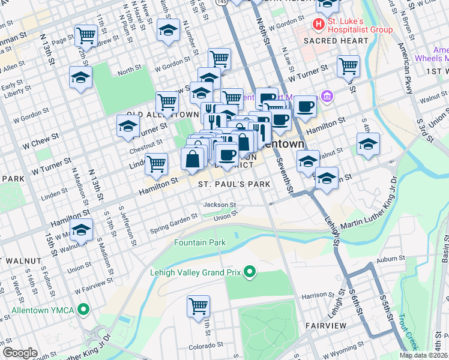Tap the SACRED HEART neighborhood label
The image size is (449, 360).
point(336,41)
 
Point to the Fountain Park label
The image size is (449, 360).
point(200,243)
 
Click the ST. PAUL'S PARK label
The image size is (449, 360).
point(234,185)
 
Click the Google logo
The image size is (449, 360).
point(20,353)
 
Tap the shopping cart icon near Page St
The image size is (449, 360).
point(86,35)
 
